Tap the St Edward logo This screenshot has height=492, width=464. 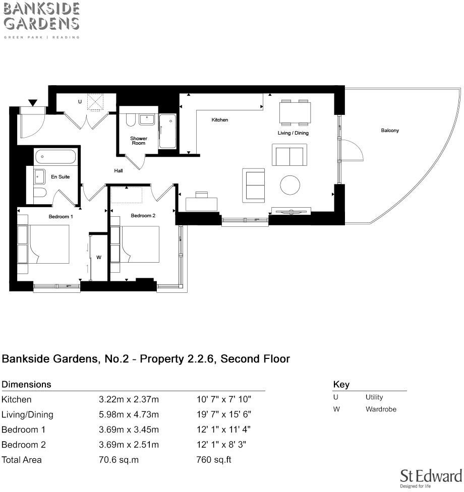(x=430, y=478)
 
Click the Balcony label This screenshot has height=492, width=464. (x=390, y=131)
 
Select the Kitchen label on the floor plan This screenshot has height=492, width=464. (x=219, y=120)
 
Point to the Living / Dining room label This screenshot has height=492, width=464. (x=293, y=133)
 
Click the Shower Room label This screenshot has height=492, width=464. (x=139, y=141)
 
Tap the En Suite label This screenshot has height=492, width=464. (x=61, y=177)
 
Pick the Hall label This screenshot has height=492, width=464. (x=119, y=171)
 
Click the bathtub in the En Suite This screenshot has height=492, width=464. (x=55, y=157)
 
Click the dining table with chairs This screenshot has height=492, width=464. (x=295, y=113)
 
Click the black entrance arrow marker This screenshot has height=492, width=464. (x=33, y=103)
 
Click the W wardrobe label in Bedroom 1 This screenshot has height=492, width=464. (x=99, y=257)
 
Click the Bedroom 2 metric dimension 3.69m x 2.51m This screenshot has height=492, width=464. (x=129, y=445)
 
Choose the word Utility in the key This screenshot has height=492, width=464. (x=374, y=397)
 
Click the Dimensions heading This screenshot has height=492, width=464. (x=26, y=384)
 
